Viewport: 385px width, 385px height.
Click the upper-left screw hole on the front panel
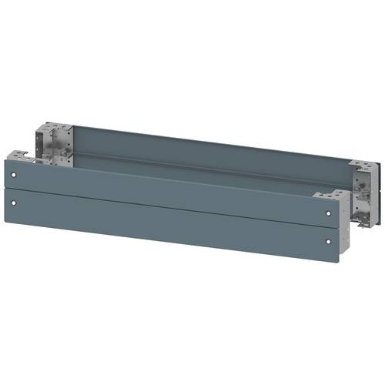(14, 176)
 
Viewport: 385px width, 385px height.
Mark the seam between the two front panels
(169, 203)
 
